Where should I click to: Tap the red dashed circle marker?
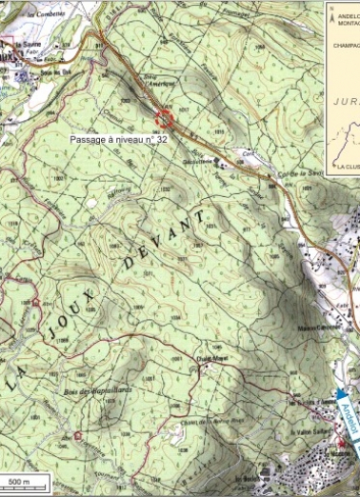tap(165, 118)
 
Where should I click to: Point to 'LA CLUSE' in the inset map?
tap(346, 167)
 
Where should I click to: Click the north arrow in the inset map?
tap(333, 16)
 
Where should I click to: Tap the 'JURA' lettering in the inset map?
tap(344, 99)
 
